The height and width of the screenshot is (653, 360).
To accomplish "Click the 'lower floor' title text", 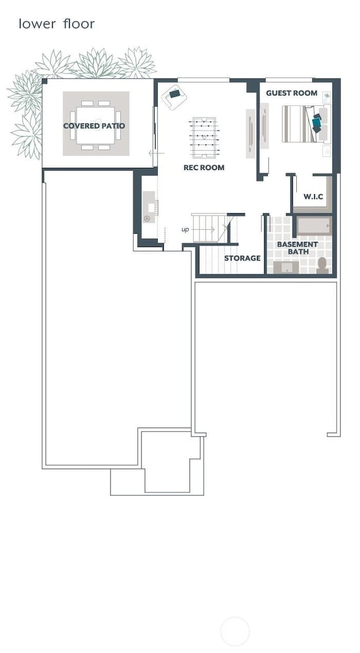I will point(56,24).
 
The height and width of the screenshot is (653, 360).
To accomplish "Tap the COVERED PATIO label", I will point(94,126).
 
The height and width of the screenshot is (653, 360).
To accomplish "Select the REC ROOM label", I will point(204,167).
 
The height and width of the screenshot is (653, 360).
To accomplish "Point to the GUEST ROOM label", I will point(291,93).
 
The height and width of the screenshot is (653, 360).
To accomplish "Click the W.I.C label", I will point(313,197).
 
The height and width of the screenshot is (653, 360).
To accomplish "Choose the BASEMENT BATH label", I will point(297,248).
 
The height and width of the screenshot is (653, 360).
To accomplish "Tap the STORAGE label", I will point(242,258).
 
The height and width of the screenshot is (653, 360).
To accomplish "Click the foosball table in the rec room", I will point(204,137).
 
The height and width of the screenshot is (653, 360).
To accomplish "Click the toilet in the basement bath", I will point(322,264).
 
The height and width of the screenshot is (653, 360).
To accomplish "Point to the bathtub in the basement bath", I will point(313,226).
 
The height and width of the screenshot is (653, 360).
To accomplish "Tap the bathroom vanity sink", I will point(287,268).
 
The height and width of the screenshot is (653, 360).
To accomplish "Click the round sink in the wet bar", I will point(147,219).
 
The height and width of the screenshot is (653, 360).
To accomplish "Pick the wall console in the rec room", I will point(250,133).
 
